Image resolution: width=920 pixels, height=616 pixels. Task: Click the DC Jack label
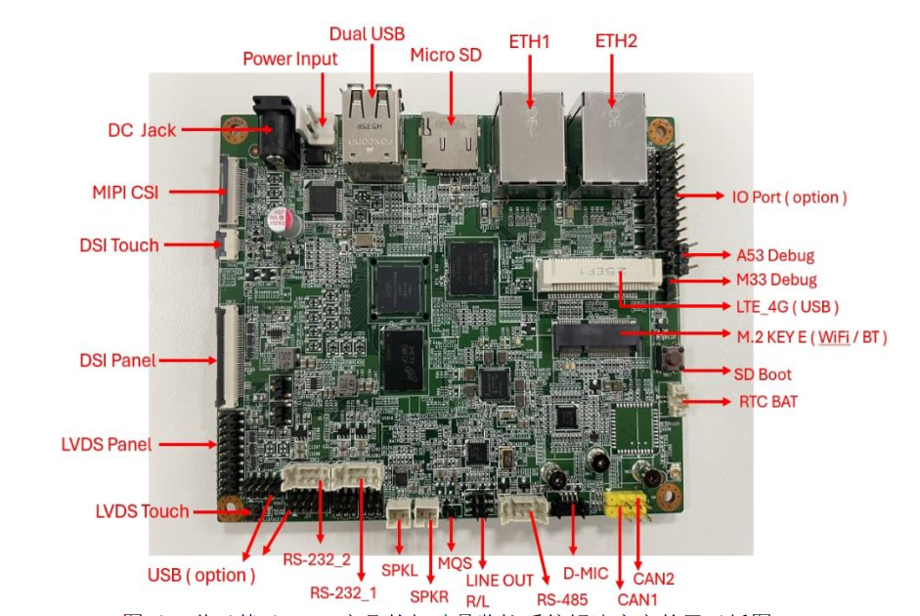(142, 130)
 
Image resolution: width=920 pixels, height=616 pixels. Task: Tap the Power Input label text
(289, 59)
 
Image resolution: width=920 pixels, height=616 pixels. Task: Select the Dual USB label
(367, 34)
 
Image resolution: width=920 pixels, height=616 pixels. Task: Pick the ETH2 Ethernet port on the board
(614, 137)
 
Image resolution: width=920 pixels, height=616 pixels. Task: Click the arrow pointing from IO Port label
(698, 197)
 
